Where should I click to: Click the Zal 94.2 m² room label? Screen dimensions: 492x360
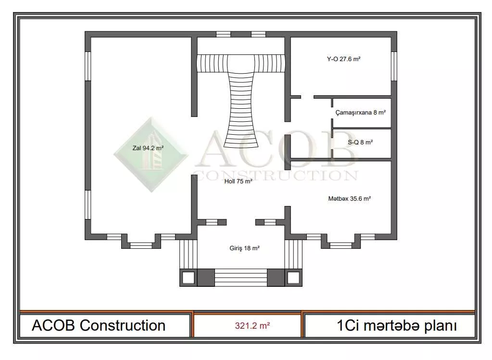[x=148, y=148]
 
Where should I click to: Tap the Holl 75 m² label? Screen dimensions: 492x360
[x=238, y=181]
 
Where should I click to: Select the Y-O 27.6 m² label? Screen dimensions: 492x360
[x=343, y=59]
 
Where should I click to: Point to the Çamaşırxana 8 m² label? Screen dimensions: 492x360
[x=361, y=113]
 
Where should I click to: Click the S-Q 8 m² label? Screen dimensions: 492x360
[x=360, y=142]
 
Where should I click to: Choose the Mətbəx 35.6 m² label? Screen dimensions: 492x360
[x=350, y=199]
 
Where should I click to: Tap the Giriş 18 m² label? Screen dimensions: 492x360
[x=244, y=248]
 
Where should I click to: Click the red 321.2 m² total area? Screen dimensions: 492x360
[x=252, y=326]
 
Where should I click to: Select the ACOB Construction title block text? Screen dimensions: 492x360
[x=99, y=325]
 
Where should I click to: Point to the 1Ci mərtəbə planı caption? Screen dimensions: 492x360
[x=397, y=326]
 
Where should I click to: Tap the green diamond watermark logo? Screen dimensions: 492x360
[x=151, y=154]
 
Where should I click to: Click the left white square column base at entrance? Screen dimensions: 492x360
[x=189, y=278]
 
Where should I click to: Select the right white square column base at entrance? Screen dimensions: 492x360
[x=293, y=278]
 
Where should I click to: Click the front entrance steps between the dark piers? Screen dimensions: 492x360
[x=241, y=278]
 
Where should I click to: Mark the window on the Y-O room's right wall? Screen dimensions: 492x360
[x=394, y=66]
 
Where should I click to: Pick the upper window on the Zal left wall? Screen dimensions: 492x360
[x=88, y=66]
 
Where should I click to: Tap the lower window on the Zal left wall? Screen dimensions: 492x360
[x=88, y=205]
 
